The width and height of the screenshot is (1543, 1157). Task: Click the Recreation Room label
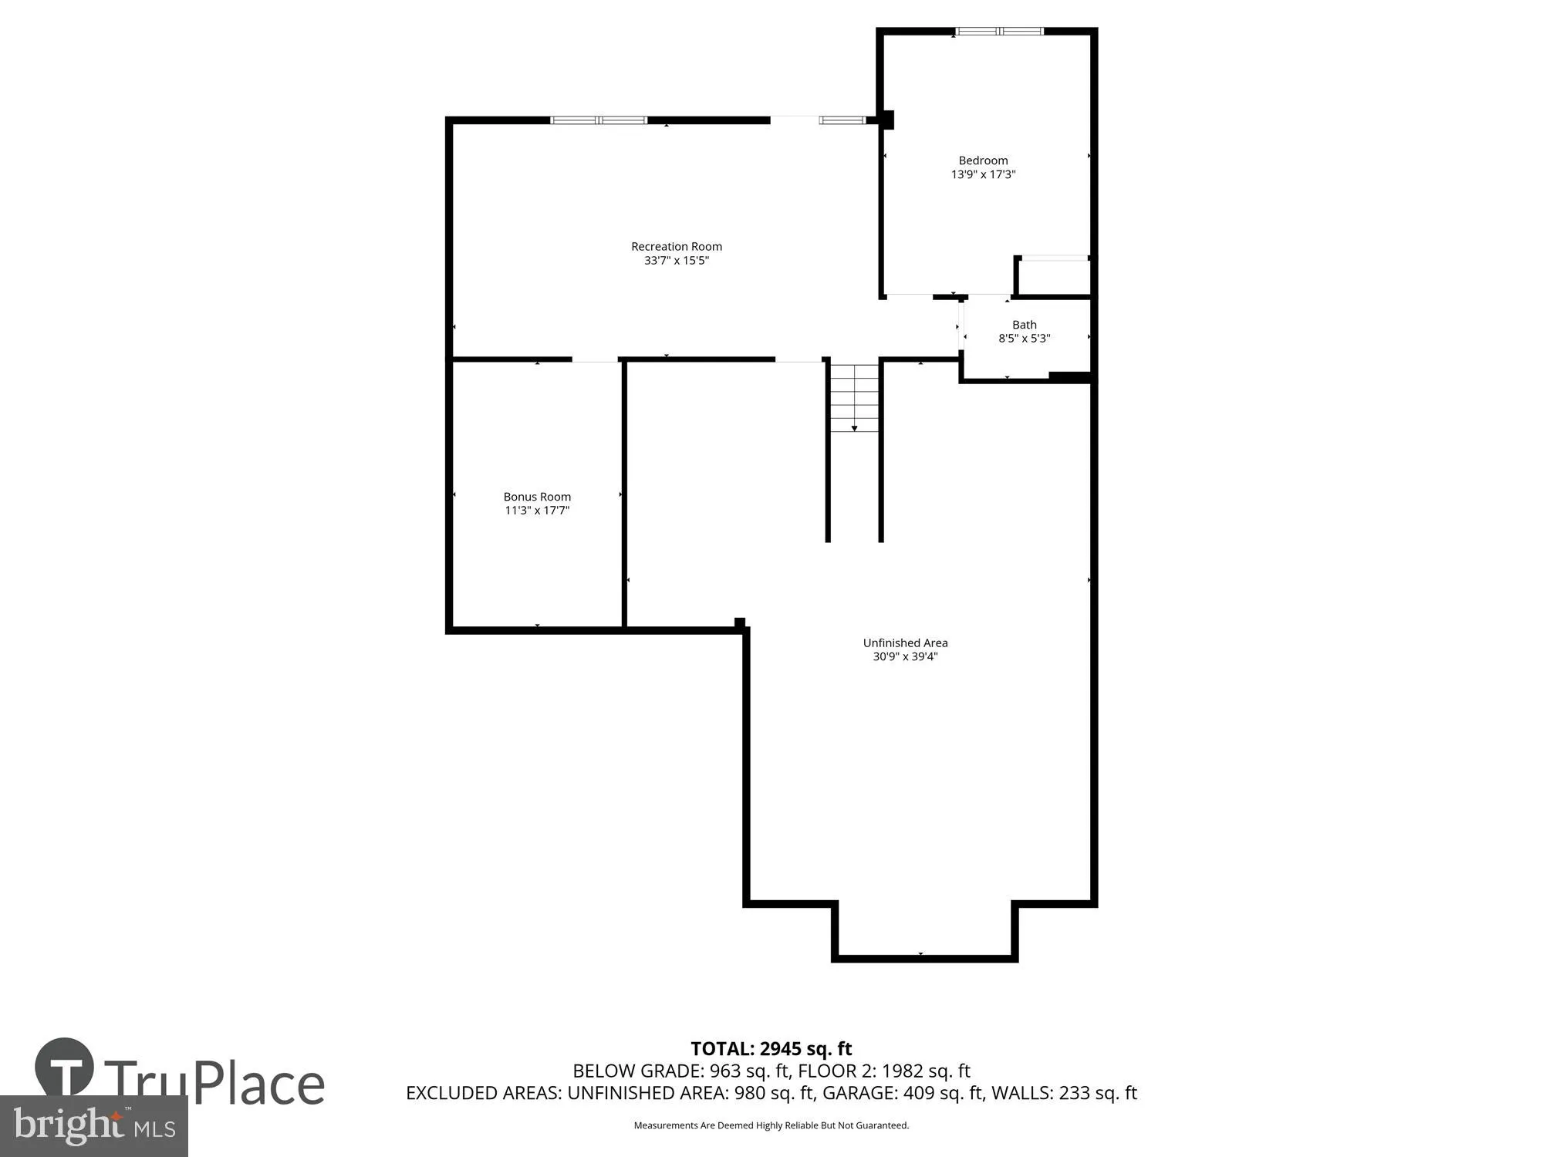pos(677,247)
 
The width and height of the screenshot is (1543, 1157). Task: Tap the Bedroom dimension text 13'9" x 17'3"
pos(983,174)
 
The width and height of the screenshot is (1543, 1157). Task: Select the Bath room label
pos(1025,325)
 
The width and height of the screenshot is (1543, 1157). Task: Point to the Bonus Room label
pos(537,497)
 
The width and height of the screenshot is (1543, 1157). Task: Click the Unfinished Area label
pos(905,643)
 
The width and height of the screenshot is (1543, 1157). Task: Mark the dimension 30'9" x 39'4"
pos(905,656)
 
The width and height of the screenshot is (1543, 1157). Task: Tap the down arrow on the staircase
pos(854,427)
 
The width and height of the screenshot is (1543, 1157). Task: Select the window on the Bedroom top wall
pos(999,32)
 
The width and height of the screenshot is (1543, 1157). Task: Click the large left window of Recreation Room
pos(599,120)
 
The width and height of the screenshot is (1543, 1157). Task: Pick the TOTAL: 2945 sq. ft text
pos(771,1049)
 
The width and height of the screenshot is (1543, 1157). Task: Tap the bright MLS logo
pos(93,1126)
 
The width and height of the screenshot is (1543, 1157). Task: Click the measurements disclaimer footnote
pos(771,1125)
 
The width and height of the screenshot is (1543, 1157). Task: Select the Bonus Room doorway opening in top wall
pos(595,359)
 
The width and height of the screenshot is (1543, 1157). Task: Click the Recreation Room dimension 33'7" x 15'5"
pos(677,261)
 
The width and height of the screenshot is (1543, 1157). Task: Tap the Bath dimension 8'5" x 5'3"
pos(1025,338)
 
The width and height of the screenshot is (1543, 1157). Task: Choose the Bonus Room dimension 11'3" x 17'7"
pos(537,510)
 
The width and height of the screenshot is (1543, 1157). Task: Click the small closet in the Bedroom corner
pos(1053,276)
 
